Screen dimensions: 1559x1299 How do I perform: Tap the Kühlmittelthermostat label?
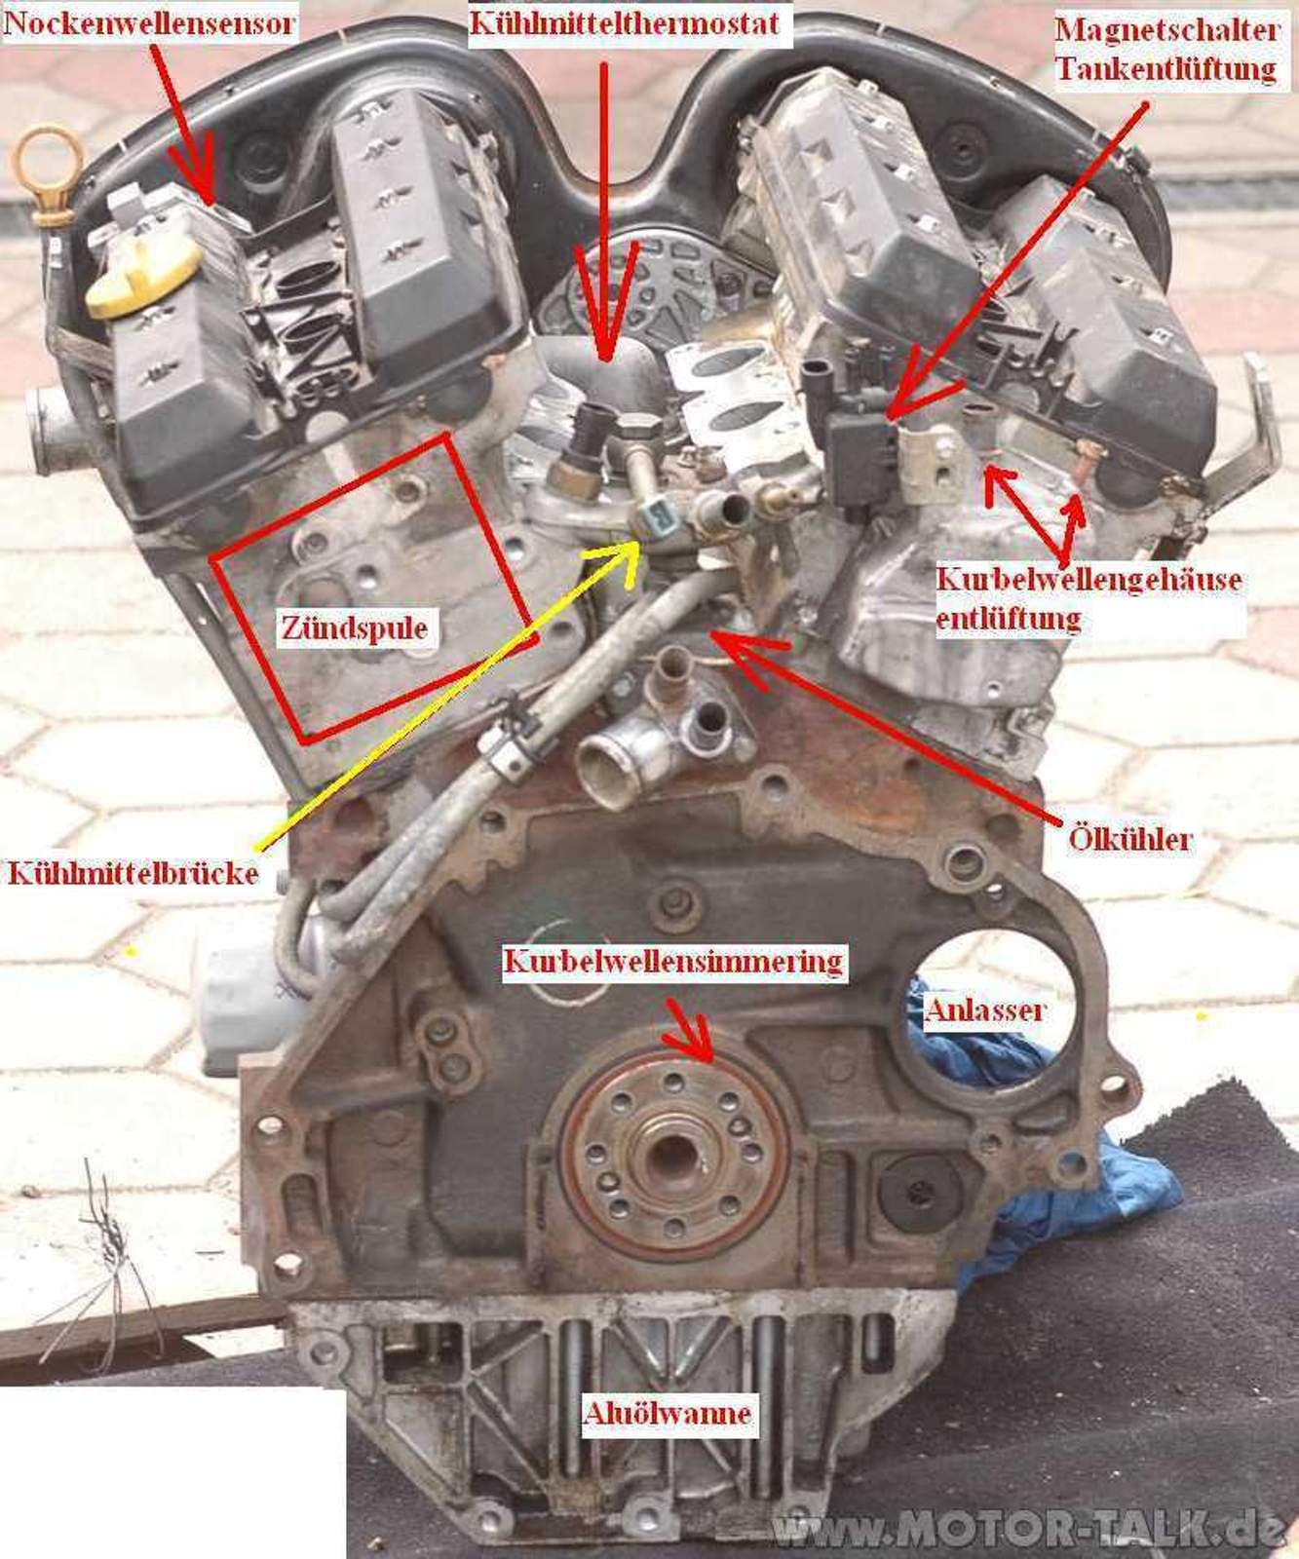[x=624, y=22]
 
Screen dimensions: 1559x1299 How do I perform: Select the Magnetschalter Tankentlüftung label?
[x=1165, y=49]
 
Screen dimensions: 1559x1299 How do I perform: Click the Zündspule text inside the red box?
[x=354, y=627]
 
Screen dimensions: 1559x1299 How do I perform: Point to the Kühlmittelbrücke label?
[x=133, y=872]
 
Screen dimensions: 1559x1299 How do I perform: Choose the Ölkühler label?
[x=1129, y=838]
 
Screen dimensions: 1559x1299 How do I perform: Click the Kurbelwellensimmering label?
[x=672, y=962]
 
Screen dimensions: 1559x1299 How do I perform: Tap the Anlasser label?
[x=984, y=1009]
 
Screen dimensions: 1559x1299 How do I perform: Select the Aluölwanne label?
[x=668, y=1412]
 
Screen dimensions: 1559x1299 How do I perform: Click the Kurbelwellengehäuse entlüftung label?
[x=1089, y=598]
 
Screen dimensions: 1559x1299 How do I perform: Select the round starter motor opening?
[x=984, y=1013]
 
